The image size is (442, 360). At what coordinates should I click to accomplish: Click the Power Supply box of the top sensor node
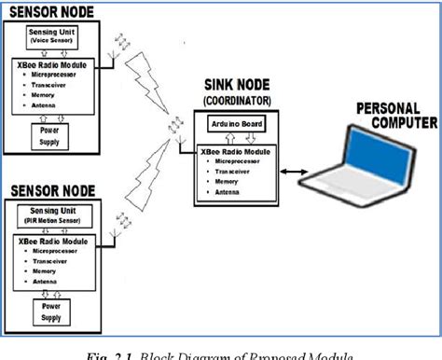[x=47, y=137]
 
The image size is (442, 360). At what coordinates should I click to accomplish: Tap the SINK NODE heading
[x=237, y=83]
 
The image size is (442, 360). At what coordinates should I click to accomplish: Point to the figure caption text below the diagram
[x=220, y=353]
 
